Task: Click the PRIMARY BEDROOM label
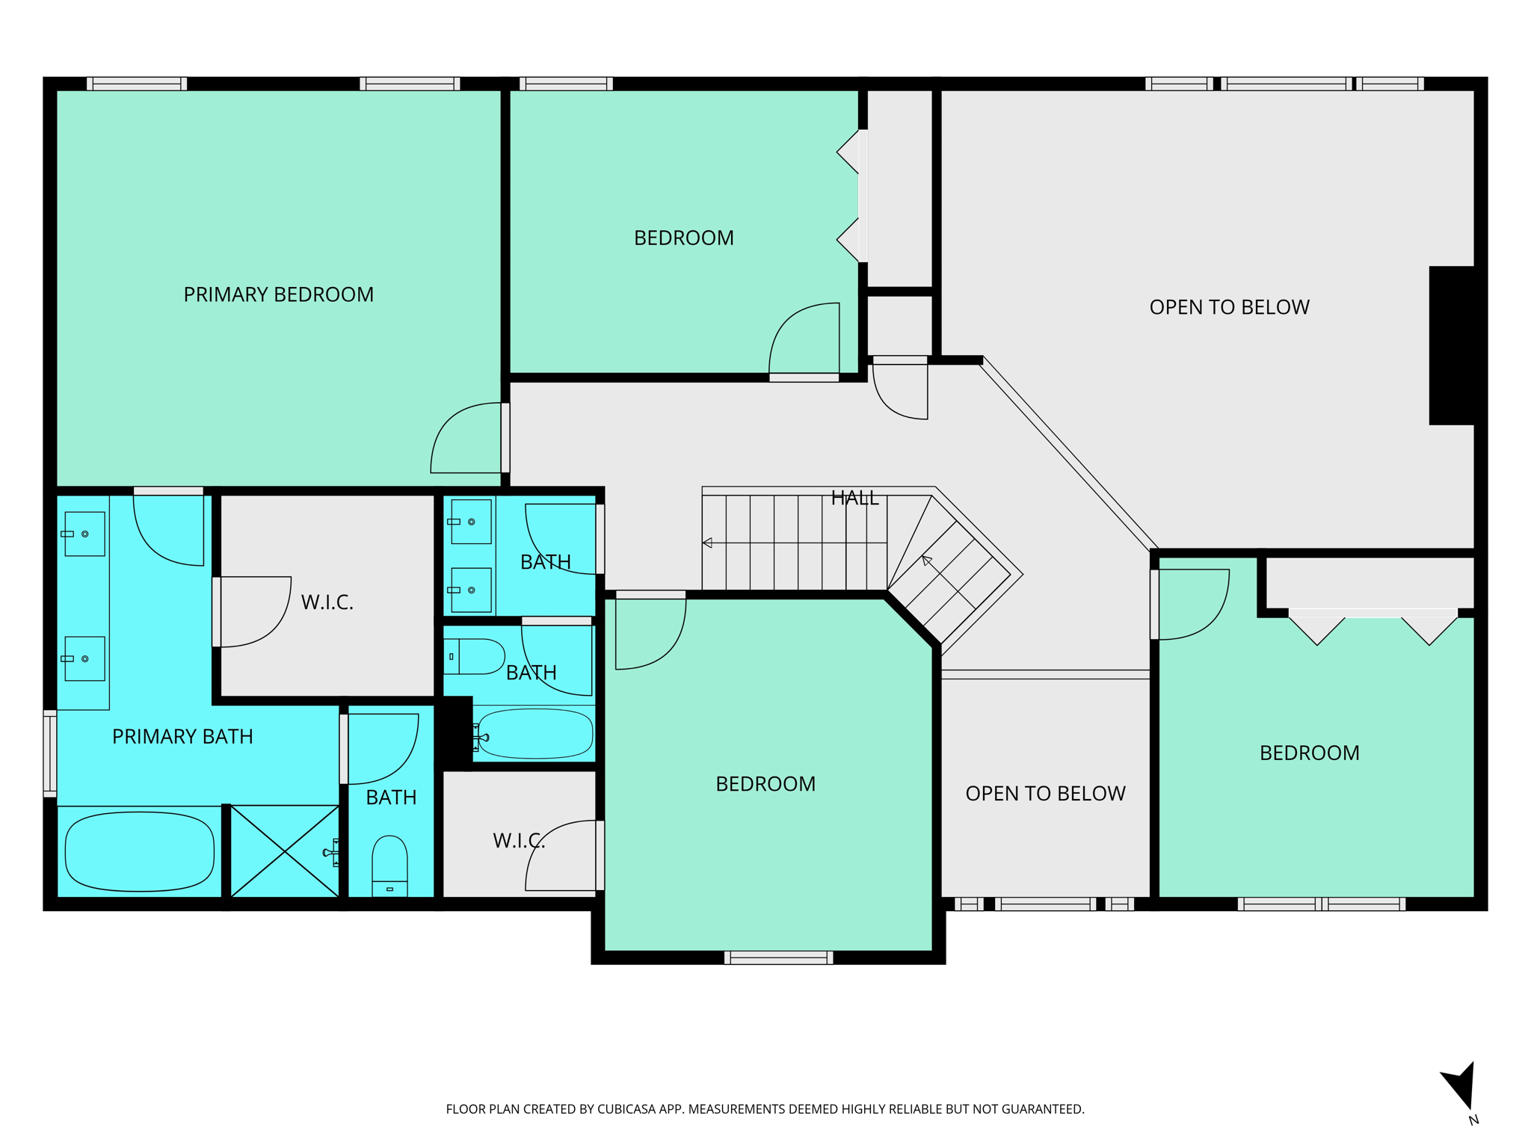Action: coord(278,294)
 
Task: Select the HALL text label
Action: coord(854,499)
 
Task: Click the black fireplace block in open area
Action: coord(1451,345)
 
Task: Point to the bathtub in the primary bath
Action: coord(140,851)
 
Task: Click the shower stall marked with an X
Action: coord(285,851)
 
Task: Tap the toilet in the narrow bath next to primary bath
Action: coord(389,865)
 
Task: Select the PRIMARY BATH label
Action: coord(182,737)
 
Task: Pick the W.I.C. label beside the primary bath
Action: coord(327,602)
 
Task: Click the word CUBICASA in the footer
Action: coord(626,1109)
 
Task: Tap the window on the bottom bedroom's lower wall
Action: coord(778,958)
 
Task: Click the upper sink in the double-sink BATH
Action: coord(471,522)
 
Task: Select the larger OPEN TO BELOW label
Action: coord(1229,307)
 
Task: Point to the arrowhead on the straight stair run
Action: coord(707,543)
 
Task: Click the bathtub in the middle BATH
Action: coord(535,734)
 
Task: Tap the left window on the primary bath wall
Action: coord(50,753)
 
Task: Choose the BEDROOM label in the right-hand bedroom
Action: coord(1309,753)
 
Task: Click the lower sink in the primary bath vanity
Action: coord(84,658)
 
